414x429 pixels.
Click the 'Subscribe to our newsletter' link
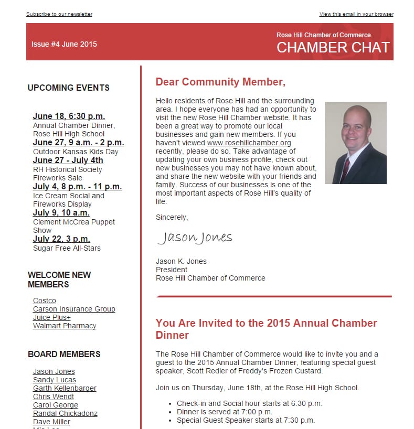(59, 14)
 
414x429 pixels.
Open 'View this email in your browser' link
(356, 14)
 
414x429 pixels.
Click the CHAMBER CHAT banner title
(333, 48)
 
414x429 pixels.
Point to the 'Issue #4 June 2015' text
(64, 44)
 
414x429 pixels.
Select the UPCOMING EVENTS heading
(68, 88)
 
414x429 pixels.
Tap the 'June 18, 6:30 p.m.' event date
(69, 116)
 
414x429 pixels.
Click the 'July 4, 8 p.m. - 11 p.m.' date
(77, 187)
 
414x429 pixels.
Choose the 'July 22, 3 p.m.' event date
(61, 239)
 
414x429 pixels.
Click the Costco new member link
(44, 301)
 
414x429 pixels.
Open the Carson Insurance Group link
(74, 309)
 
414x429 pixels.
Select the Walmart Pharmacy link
(65, 326)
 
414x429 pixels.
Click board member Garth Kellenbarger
(65, 388)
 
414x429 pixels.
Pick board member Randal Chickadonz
(65, 413)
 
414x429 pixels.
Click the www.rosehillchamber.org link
(249, 143)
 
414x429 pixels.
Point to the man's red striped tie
(345, 169)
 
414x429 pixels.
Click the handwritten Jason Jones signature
(195, 238)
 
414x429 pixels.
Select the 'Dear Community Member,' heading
(220, 82)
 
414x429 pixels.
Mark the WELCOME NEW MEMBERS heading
(59, 280)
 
